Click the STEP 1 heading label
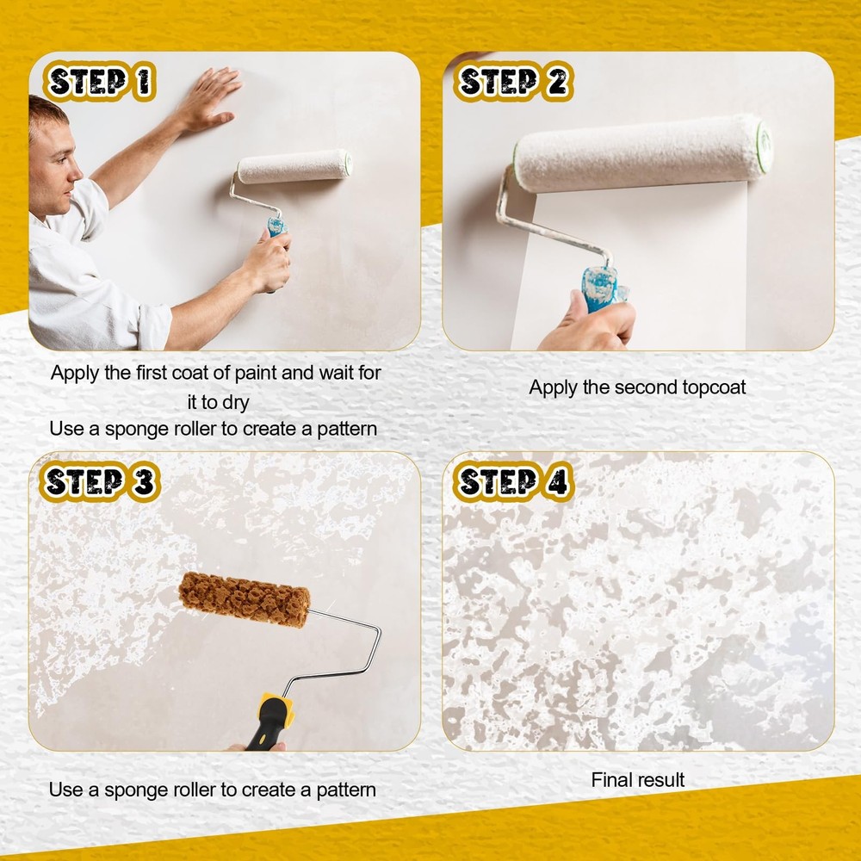100,83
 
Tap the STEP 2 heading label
513,83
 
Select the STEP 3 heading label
100,482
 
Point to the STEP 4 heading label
513,482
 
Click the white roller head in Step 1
294,166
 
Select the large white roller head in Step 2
641,152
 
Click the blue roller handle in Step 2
600,286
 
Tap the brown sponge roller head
245,599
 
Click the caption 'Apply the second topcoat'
637,387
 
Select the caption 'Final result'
637,780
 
